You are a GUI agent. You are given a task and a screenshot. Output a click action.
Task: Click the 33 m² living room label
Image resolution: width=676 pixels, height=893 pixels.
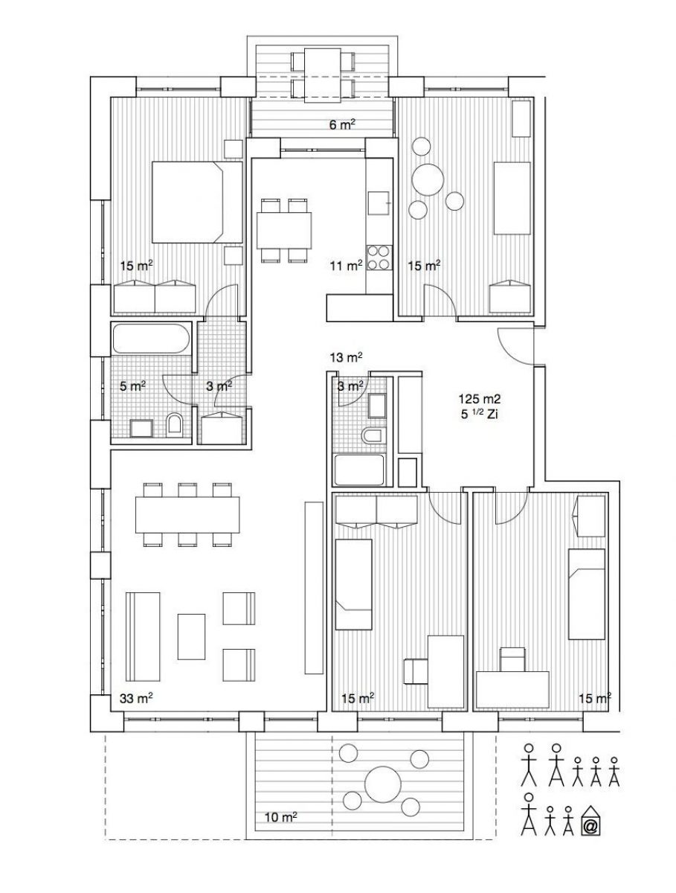click(136, 698)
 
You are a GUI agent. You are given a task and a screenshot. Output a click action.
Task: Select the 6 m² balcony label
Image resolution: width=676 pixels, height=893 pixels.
click(342, 124)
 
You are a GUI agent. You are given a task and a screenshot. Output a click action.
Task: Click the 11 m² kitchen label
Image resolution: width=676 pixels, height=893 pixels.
click(347, 266)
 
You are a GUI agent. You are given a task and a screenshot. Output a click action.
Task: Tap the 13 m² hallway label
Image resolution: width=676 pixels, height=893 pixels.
click(347, 357)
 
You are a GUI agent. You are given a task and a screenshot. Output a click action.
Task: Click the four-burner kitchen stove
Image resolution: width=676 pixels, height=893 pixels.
click(379, 258)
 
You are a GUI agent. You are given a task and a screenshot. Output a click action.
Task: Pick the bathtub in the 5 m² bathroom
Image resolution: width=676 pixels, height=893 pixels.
click(150, 338)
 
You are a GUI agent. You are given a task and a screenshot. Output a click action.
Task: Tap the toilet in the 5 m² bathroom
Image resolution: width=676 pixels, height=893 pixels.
click(175, 425)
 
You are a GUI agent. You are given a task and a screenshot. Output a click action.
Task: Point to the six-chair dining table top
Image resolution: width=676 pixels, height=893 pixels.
click(187, 514)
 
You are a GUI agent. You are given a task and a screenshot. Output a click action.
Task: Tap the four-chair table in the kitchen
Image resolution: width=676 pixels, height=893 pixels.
click(284, 231)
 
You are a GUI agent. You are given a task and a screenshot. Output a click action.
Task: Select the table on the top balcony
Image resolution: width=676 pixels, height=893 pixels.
click(322, 75)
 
